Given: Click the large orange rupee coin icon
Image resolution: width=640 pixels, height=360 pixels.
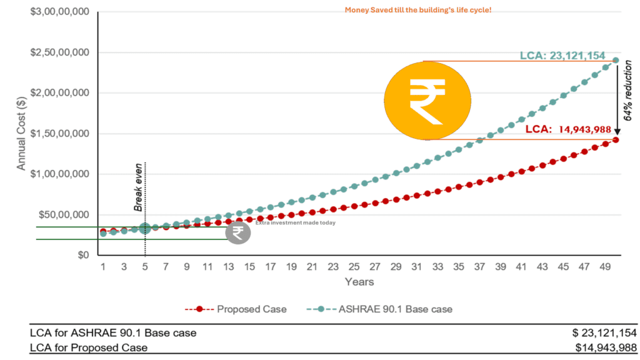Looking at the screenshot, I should click(423, 100).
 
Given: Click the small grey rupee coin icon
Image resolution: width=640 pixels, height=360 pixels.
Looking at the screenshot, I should click(237, 232).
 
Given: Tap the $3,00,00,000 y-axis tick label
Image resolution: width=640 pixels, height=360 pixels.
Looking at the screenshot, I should click(59, 12).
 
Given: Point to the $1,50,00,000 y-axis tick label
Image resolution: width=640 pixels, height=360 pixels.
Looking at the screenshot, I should click(59, 134).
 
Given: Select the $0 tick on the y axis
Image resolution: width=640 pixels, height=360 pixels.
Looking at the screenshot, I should click(83, 255).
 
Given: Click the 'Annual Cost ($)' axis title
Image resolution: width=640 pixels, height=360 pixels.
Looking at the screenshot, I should click(21, 134).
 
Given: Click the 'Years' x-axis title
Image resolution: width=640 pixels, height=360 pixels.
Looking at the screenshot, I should click(359, 282).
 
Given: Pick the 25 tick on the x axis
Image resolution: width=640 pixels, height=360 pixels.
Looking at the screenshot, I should click(354, 267).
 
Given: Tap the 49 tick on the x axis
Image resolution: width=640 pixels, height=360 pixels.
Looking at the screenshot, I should click(606, 267).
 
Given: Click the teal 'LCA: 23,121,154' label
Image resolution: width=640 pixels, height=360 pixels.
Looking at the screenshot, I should click(562, 56).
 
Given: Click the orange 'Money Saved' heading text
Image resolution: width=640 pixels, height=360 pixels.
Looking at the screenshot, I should click(418, 11).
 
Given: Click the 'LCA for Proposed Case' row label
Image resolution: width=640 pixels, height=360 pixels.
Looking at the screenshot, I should click(89, 347).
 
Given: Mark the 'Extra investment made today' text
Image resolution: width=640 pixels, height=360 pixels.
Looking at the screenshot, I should click(295, 223).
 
